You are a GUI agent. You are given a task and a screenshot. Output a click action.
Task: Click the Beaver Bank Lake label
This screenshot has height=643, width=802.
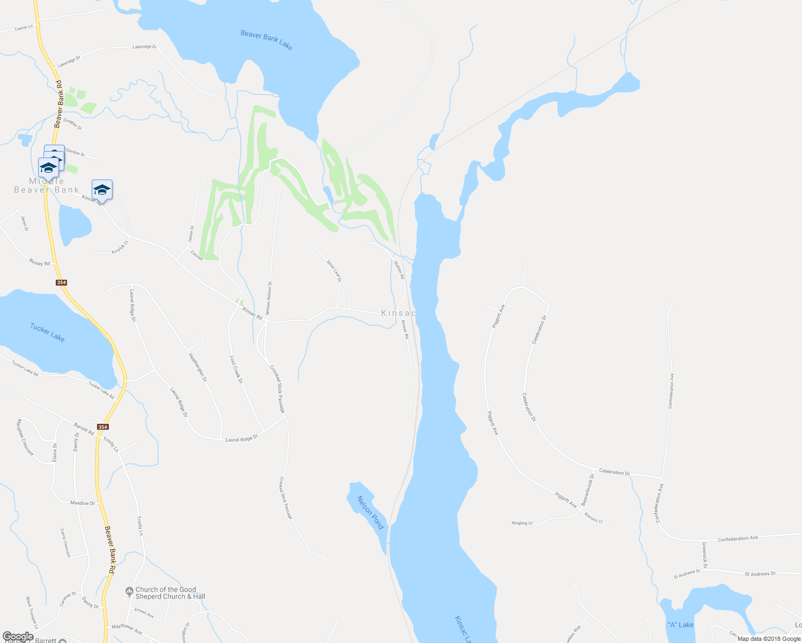pos(266,41)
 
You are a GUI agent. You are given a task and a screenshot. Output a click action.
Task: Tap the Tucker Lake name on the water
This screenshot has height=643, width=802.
pos(47,332)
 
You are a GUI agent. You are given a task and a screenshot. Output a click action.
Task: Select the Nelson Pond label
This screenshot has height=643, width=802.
pos(370,512)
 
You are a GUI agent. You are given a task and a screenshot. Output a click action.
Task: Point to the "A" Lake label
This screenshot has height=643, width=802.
pos(680,625)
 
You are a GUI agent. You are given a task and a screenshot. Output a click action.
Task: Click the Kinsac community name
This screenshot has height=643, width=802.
pos(398,313)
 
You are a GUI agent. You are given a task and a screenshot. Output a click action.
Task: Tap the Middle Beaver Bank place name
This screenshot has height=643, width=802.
pos(47,185)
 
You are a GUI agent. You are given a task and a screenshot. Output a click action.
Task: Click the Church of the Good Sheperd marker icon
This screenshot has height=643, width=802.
pos(129,592)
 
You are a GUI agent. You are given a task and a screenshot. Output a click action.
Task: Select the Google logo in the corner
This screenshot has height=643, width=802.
pos(18,637)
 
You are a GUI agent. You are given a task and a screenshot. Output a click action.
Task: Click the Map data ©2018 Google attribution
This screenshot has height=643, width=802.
pos(768,639)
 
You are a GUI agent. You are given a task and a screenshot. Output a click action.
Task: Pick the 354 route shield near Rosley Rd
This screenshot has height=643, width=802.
pos(61,282)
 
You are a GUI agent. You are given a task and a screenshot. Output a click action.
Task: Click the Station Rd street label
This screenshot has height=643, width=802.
pos(398,270)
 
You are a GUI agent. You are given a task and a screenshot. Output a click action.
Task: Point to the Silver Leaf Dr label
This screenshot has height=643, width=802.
pos(334,271)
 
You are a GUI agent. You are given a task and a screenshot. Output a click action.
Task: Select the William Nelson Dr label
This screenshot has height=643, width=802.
pos(269,297)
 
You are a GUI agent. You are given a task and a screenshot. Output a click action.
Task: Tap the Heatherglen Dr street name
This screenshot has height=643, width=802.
pos(197,367)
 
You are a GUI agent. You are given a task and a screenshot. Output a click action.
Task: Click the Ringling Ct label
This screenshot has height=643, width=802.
pos(522,523)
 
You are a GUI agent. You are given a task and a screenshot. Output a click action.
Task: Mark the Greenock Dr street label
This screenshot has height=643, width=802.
pos(704,555)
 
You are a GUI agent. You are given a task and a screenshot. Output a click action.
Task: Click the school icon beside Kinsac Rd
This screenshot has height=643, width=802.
pos(102,189)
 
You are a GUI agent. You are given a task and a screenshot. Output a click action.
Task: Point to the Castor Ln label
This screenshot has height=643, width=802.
pos(24,27)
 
